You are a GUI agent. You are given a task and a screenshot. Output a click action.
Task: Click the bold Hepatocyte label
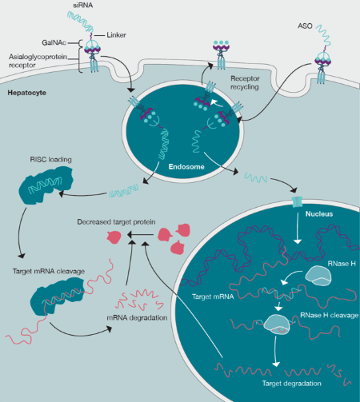point(28,94)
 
